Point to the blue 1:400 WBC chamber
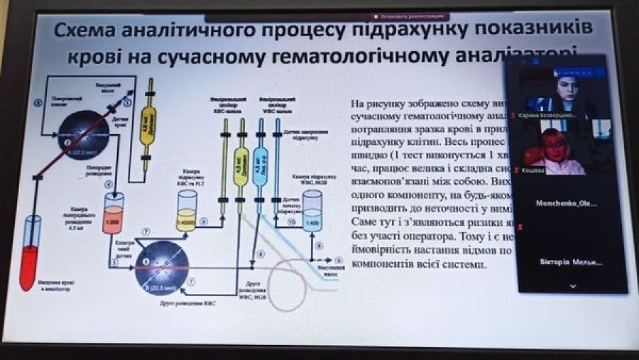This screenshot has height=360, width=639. (310, 216)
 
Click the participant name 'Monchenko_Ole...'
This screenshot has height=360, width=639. (566, 203)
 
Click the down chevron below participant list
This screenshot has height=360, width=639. (573, 286)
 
